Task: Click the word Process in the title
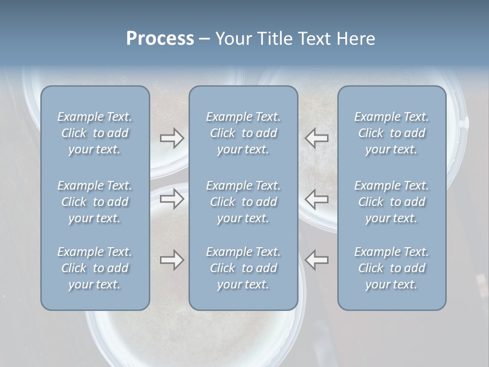coord(160,39)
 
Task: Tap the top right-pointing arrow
coord(172,138)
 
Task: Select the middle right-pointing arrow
coord(172,198)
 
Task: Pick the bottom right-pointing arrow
coord(172,259)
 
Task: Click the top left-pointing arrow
coord(316,138)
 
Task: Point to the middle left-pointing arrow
coord(316,198)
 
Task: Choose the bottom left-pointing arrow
coord(316,259)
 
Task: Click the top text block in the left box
coord(95,133)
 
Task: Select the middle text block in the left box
coord(95,202)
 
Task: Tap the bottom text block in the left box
coord(95,268)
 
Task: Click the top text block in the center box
coord(243,133)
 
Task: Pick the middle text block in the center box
coord(243,202)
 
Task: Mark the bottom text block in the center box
coord(243,268)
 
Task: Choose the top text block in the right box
coord(391,133)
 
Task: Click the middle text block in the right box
coord(391,202)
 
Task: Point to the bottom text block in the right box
coord(391,268)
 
